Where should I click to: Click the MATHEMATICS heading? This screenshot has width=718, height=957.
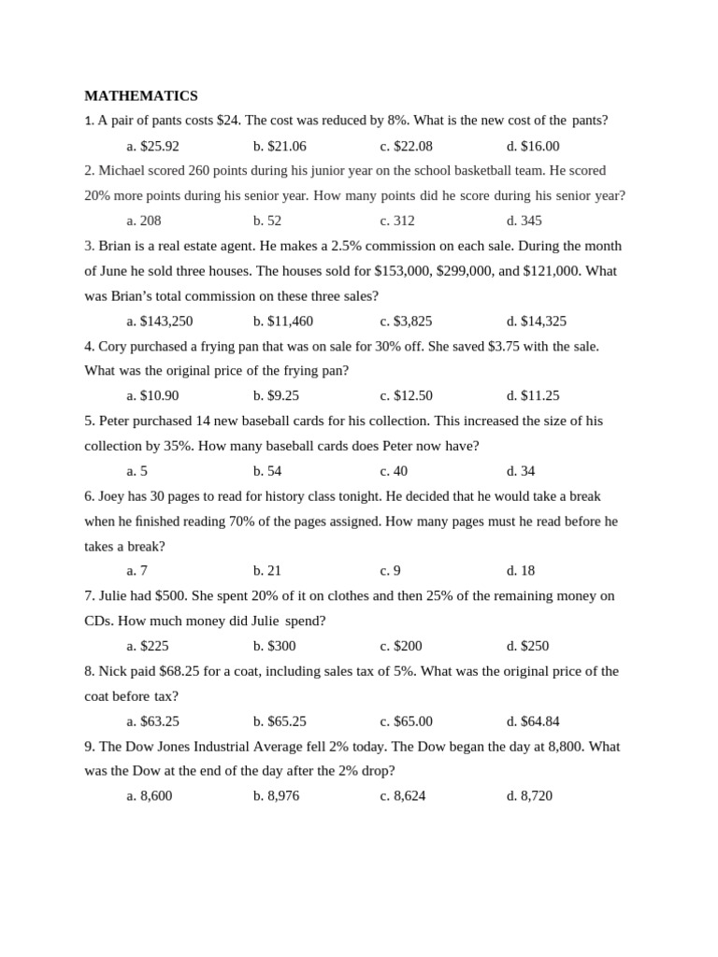[141, 95]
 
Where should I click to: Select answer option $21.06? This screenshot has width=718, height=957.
[280, 146]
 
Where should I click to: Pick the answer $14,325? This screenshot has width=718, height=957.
[537, 321]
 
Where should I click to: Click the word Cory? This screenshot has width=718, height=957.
[112, 346]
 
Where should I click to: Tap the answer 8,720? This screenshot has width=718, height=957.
[529, 795]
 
